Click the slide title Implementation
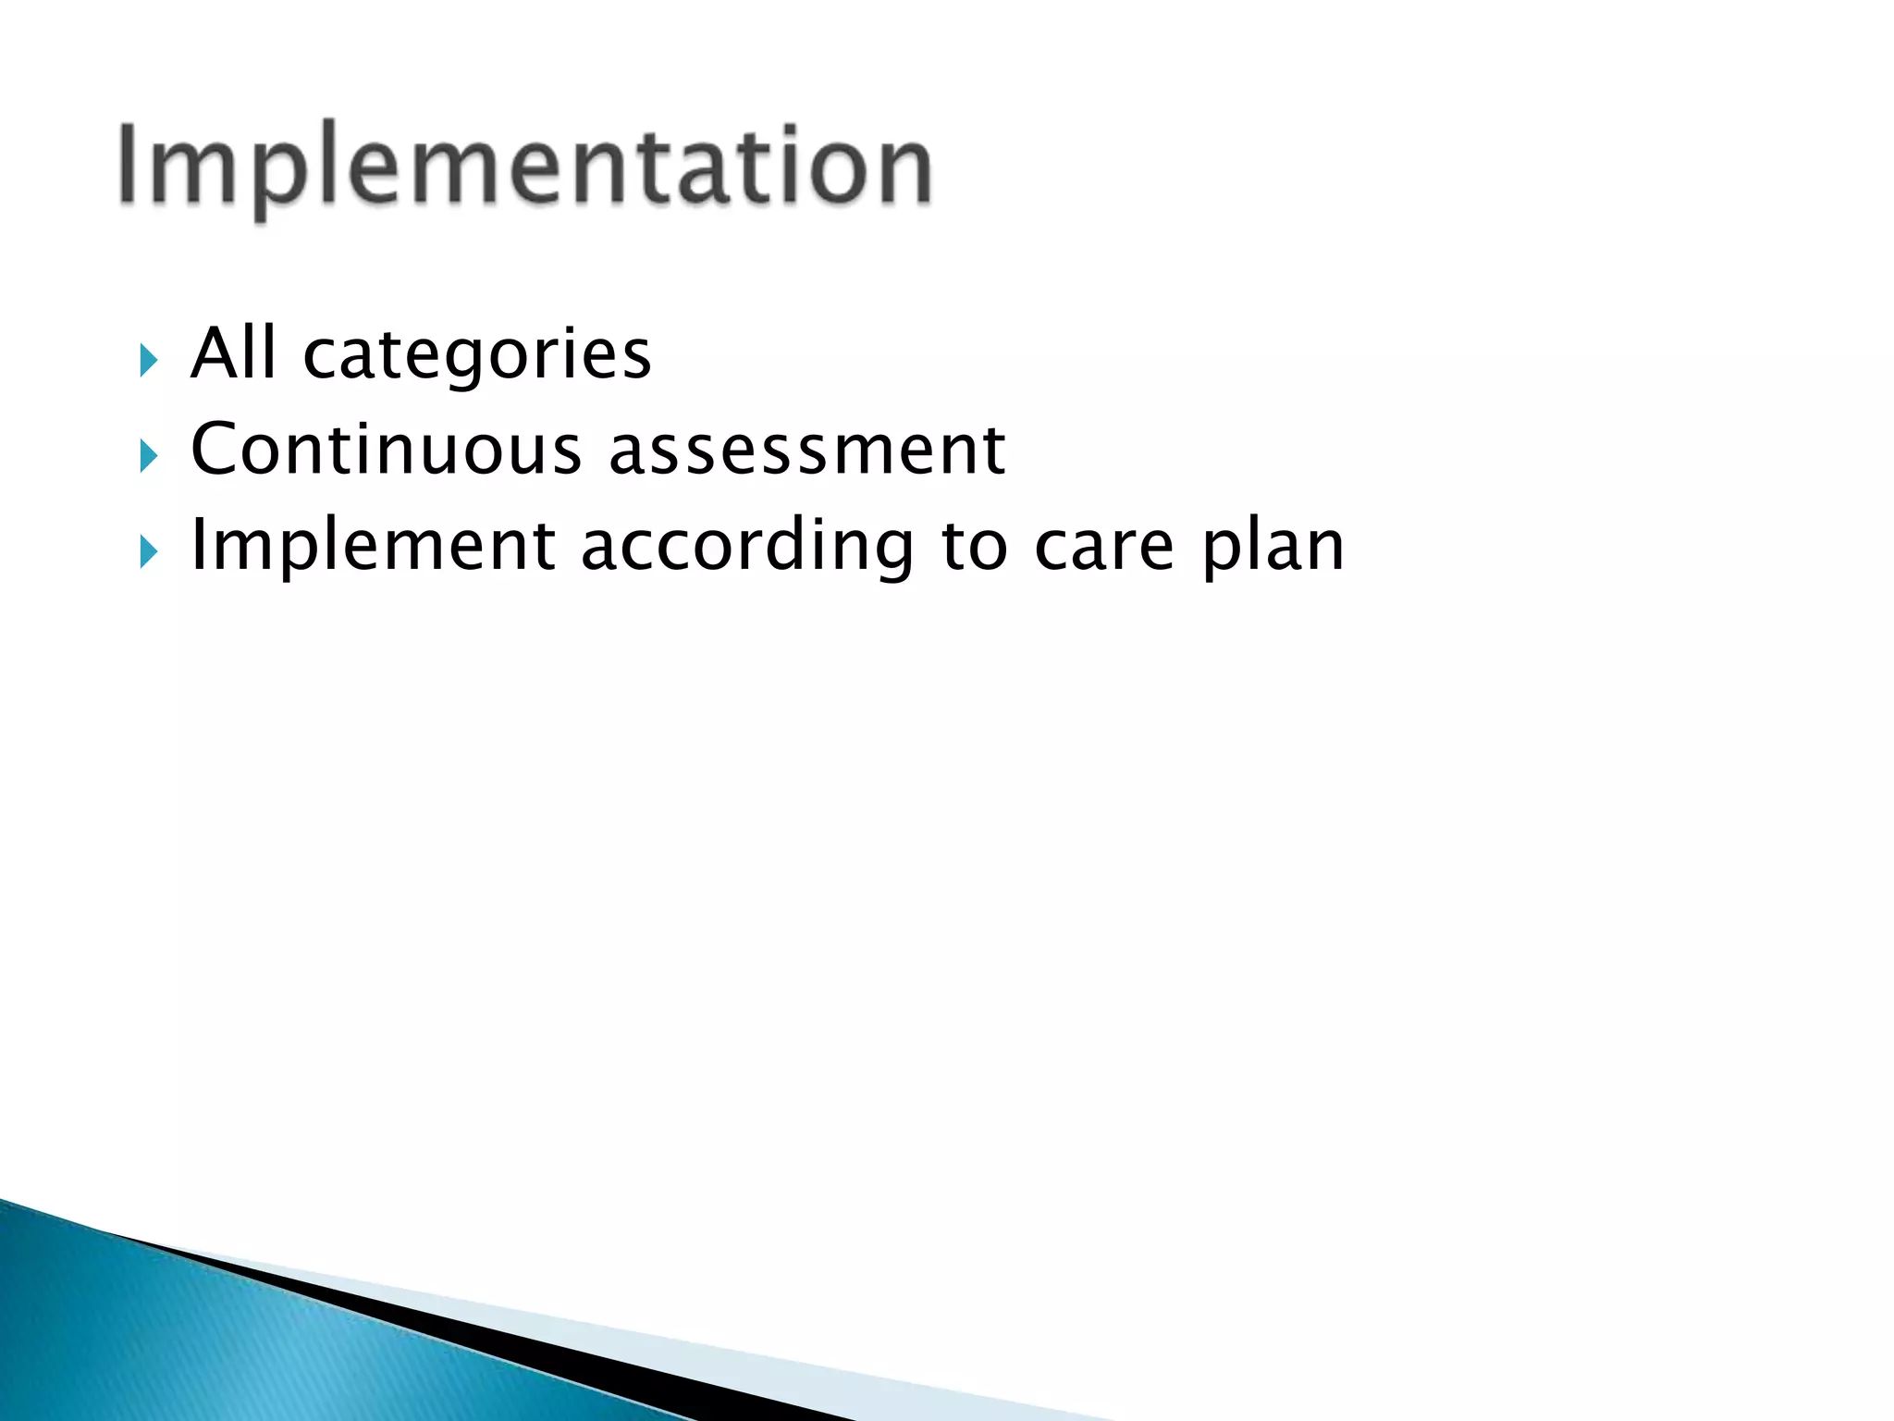tap(525, 167)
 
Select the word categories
tap(477, 356)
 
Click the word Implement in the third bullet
tap(373, 546)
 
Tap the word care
tap(1104, 548)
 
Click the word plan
tap(1273, 548)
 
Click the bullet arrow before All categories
tap(149, 360)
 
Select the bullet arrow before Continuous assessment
tap(149, 456)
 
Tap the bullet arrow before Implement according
tap(149, 552)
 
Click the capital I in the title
tap(129, 164)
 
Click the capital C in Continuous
tap(216, 450)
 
